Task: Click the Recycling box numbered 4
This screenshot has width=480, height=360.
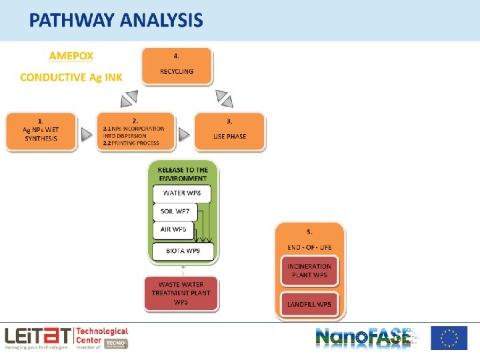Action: click(x=177, y=65)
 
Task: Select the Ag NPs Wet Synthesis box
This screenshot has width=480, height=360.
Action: click(x=41, y=131)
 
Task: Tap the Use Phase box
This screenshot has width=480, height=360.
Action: click(x=229, y=131)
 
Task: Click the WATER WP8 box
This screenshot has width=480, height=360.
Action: click(x=182, y=193)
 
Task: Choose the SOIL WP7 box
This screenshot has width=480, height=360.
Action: click(x=175, y=212)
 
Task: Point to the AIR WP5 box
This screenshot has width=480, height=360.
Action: click(x=173, y=229)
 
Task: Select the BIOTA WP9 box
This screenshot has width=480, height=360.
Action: click(x=183, y=251)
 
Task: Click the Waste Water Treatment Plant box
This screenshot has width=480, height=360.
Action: click(x=181, y=293)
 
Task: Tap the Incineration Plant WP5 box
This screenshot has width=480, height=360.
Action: click(x=309, y=271)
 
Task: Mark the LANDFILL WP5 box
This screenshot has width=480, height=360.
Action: click(x=309, y=304)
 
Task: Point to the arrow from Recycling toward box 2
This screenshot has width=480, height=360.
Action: click(x=129, y=99)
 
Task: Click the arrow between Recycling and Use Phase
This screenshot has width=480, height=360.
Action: click(x=225, y=99)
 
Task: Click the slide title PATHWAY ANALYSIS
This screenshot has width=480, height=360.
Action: click(x=115, y=21)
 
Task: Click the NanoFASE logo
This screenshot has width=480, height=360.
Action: click(x=364, y=337)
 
